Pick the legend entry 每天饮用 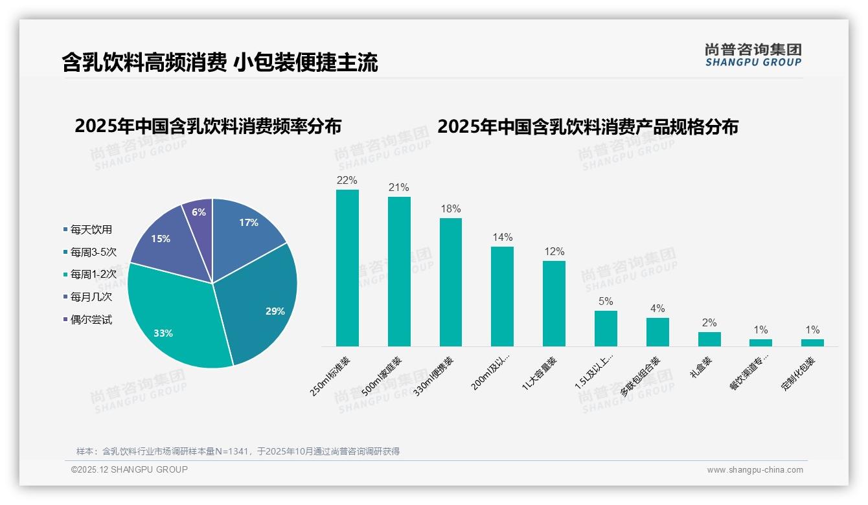(x=91, y=229)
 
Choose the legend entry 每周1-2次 (x=93, y=275)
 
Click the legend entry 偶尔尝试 (x=91, y=320)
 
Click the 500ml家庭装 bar (x=399, y=272)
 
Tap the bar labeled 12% (x=554, y=304)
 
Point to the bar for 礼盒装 (x=709, y=339)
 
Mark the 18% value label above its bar (x=451, y=209)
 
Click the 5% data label (x=606, y=302)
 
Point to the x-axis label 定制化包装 (x=798, y=374)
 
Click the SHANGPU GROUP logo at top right (x=753, y=55)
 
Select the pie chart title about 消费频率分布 (x=208, y=126)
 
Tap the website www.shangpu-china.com (x=755, y=470)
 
